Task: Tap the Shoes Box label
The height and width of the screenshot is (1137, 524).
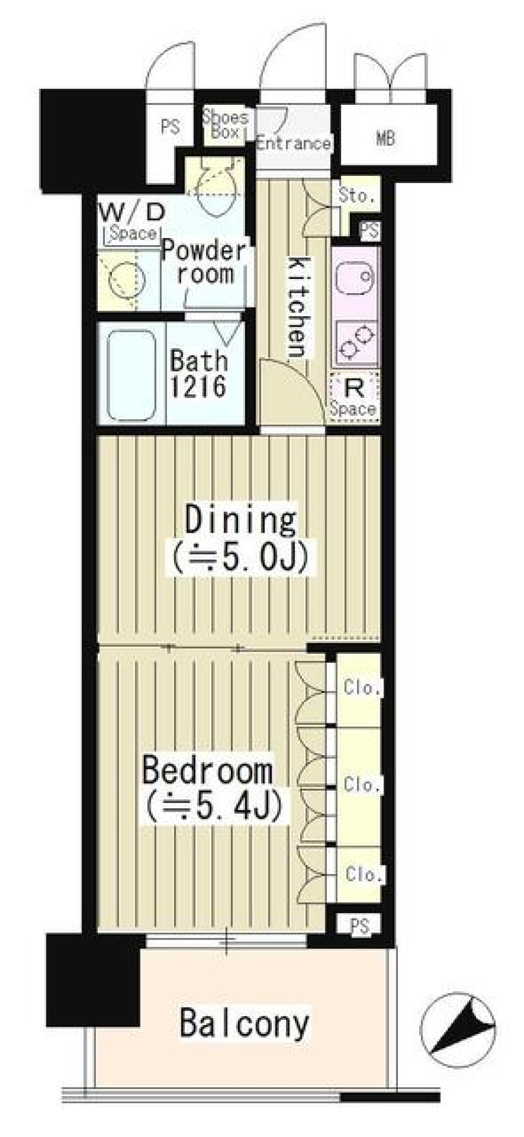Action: click(x=225, y=124)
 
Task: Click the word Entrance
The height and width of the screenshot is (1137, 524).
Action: click(x=294, y=143)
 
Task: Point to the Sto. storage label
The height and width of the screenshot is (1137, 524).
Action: click(x=356, y=195)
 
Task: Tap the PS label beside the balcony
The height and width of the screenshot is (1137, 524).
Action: click(x=360, y=926)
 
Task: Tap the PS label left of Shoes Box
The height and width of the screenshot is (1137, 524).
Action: click(x=170, y=127)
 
